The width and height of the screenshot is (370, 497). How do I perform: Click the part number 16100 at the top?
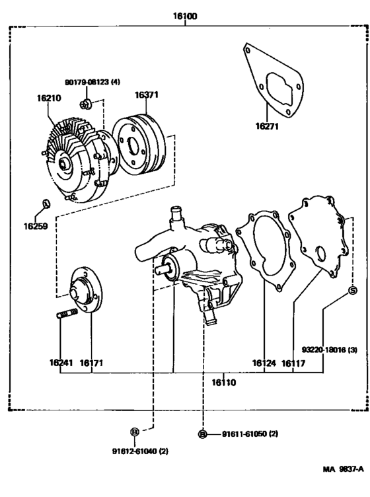tap(186, 15)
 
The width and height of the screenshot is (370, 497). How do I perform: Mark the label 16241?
tap(61, 362)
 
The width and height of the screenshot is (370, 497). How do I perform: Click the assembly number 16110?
tap(224, 382)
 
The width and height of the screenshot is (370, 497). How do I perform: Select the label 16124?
tap(264, 362)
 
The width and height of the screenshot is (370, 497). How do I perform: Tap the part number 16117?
tap(293, 362)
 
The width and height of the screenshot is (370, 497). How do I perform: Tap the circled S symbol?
tap(352, 291)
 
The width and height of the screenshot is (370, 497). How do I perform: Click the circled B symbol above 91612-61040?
tap(134, 432)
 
